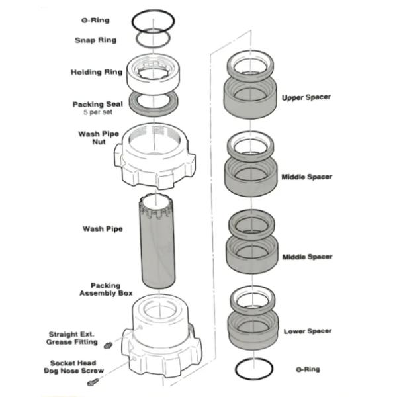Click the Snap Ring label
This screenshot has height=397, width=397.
95,40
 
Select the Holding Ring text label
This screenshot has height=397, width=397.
94,73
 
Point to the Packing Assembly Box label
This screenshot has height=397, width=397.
107,289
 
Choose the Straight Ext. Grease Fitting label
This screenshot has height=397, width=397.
73,338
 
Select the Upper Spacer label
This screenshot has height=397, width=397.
306,97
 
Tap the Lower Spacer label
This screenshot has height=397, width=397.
307,331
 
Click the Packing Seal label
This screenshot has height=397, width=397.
97,105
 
